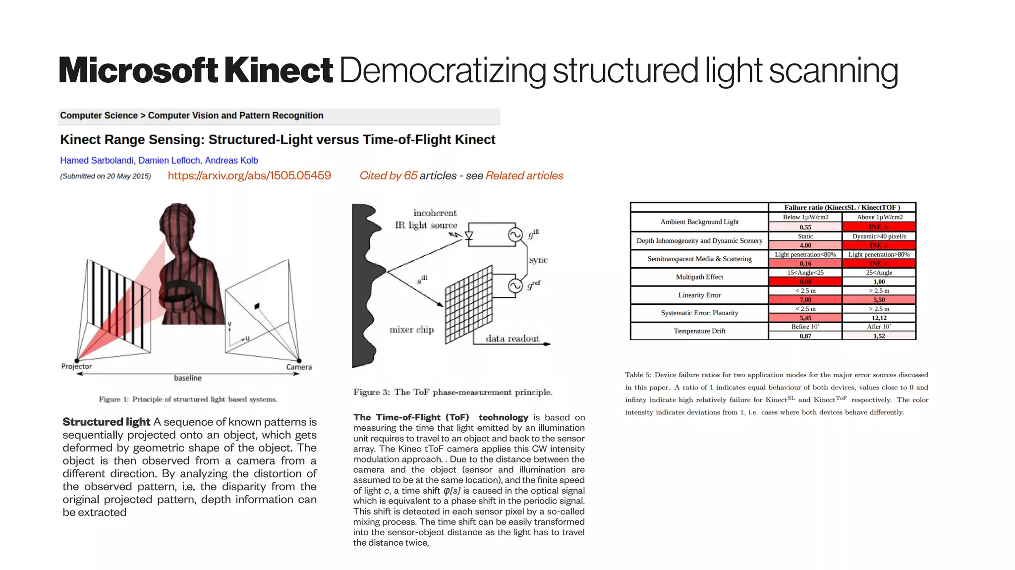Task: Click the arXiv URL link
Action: [249, 175]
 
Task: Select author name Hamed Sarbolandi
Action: [97, 161]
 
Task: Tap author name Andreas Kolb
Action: [231, 161]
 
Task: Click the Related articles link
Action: [524, 175]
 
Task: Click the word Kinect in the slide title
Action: [278, 70]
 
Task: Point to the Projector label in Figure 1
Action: [76, 366]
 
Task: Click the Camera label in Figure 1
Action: [299, 367]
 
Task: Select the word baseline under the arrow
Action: [188, 378]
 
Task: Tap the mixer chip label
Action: [411, 330]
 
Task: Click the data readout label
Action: [512, 339]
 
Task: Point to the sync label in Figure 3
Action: [538, 260]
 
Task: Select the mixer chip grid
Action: [468, 305]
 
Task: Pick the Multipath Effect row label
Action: [699, 277]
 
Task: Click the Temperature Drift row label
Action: [699, 331]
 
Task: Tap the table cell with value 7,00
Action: [805, 300]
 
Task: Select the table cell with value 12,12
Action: [879, 318]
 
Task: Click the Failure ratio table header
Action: [842, 207]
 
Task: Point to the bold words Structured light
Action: [106, 422]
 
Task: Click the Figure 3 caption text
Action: [452, 392]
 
